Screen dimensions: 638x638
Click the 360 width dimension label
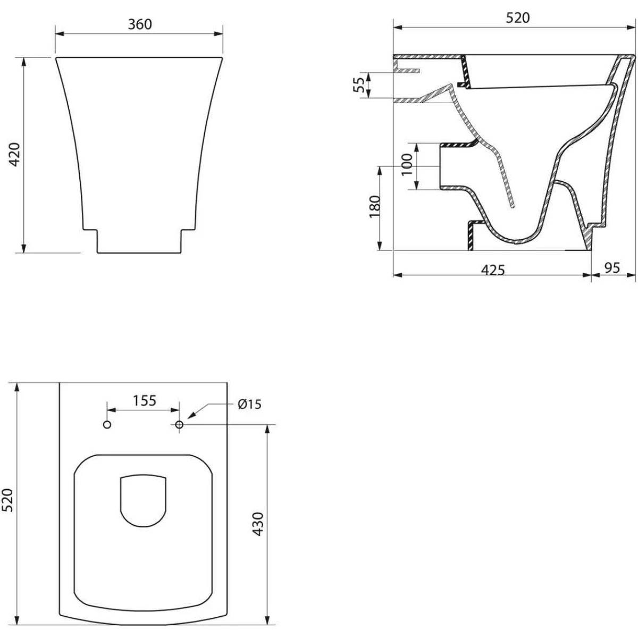(x=140, y=24)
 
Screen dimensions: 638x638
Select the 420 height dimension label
(x=15, y=155)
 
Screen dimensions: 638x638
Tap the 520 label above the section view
(x=518, y=18)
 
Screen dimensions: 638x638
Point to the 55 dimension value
(x=358, y=85)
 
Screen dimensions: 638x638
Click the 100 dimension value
(x=407, y=164)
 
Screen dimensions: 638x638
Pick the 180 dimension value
(x=375, y=207)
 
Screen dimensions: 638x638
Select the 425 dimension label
(x=493, y=270)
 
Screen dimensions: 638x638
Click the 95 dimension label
(x=612, y=268)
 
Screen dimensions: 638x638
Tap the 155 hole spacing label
(x=145, y=401)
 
